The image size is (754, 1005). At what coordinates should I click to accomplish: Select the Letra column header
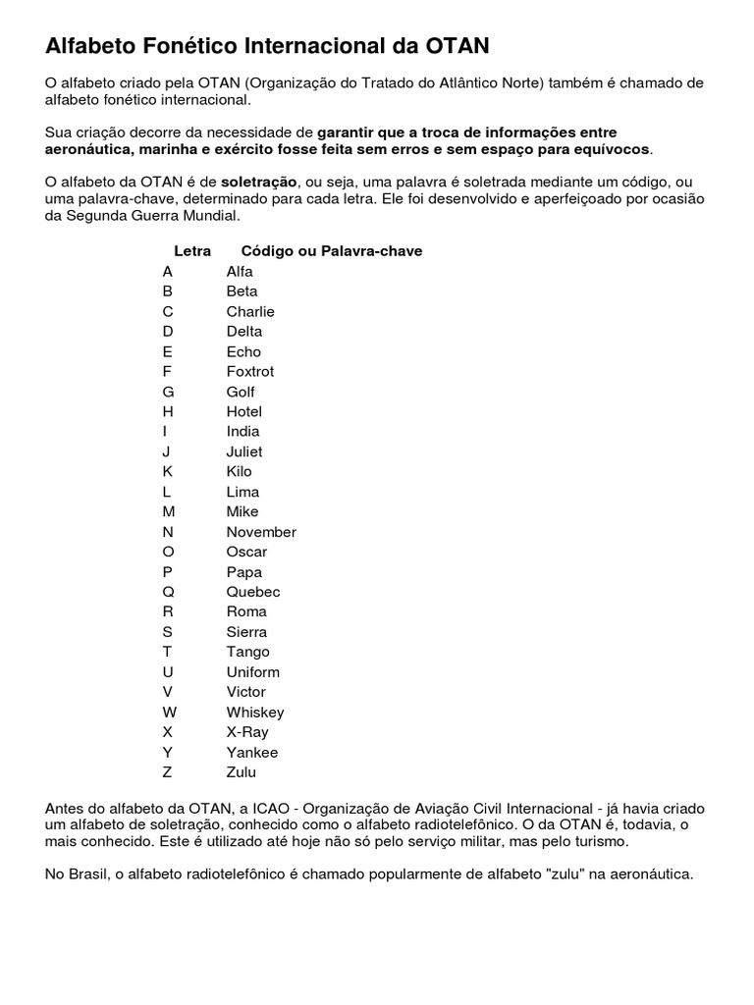tap(192, 251)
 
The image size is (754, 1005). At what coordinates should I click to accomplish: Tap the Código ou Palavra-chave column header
tap(332, 251)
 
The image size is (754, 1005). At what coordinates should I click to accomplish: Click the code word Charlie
tap(250, 311)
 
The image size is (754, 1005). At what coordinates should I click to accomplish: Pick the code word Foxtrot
tap(250, 371)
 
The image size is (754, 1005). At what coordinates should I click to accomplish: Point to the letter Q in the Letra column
tap(168, 592)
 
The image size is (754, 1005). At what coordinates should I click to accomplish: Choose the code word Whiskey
tap(255, 712)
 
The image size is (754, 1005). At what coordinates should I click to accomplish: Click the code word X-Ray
tap(247, 731)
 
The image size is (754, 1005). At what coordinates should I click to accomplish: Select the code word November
tap(261, 532)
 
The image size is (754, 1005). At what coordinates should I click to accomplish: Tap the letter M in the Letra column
tap(169, 511)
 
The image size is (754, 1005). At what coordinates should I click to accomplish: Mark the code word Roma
tap(246, 611)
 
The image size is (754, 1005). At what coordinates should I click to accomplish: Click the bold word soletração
tap(258, 182)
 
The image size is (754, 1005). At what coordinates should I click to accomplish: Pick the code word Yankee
tap(252, 752)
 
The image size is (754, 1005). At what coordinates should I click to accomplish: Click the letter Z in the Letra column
tap(168, 771)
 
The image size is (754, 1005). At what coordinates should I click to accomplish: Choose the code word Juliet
tap(244, 451)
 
